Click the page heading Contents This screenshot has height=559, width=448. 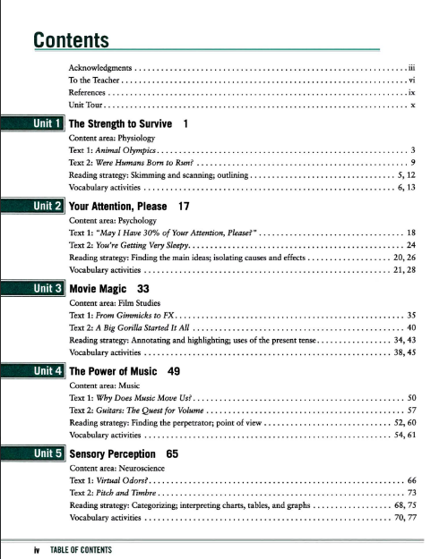point(71,40)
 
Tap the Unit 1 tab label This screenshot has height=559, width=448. point(47,123)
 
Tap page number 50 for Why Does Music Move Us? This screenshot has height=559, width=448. point(411,398)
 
